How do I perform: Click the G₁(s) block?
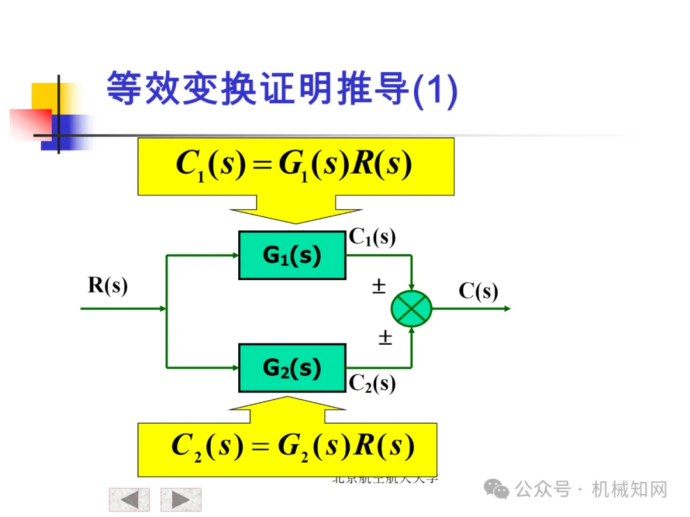click(292, 255)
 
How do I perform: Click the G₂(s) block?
click(292, 368)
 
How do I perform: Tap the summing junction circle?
click(411, 308)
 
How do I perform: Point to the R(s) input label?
click(107, 285)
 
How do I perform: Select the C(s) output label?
click(478, 291)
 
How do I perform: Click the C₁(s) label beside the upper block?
click(372, 237)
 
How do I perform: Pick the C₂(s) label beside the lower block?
click(372, 383)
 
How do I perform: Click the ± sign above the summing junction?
click(379, 287)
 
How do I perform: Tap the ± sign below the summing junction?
click(385, 337)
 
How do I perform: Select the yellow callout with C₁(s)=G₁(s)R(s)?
click(295, 166)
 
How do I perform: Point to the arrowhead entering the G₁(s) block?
click(234, 255)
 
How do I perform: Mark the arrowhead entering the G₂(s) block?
click(234, 368)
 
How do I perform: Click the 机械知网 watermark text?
click(629, 490)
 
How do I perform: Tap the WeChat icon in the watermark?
click(496, 490)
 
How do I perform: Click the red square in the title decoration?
click(29, 123)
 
